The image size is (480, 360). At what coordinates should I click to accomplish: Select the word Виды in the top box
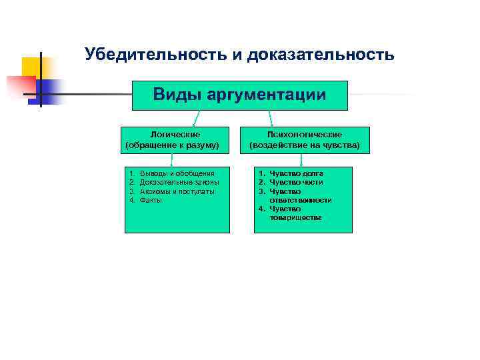coord(176,95)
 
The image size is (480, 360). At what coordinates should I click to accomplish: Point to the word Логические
coord(172,134)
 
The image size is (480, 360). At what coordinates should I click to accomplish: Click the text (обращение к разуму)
coord(172,144)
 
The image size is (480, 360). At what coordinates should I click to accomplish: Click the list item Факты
coord(151,199)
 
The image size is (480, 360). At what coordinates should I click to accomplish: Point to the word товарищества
coord(295,217)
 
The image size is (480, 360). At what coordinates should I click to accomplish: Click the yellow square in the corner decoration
coord(31,66)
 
